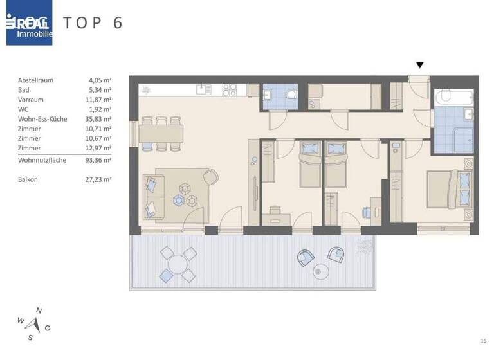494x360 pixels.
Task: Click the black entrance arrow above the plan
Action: [420, 65]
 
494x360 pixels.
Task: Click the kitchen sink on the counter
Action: [204, 89]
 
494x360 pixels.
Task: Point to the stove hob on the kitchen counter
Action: [230, 89]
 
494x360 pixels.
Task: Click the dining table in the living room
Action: [161, 132]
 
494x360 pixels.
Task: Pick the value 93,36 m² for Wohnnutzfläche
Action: [100, 160]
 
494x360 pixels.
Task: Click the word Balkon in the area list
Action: [28, 179]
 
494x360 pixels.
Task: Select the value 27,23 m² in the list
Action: [100, 179]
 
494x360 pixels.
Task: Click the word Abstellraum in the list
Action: [36, 80]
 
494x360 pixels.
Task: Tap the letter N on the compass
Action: [39, 310]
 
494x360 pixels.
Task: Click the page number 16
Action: [483, 341]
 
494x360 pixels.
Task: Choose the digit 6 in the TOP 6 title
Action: [117, 22]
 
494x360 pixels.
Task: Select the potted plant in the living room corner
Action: [148, 89]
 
